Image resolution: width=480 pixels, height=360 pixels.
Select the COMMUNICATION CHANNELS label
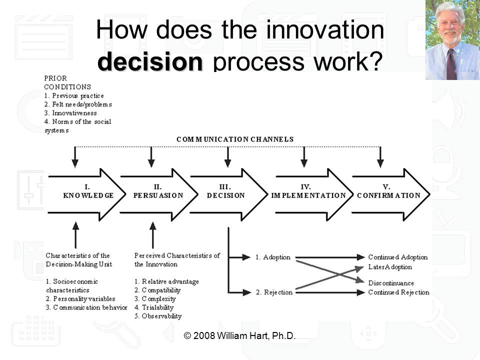[x=235, y=139]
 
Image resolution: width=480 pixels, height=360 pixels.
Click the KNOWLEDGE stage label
[x=88, y=195]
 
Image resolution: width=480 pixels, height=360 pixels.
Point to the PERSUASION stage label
[x=158, y=195]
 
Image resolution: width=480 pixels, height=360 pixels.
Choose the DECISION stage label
[x=226, y=195]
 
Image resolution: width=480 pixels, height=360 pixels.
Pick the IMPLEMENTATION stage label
[x=308, y=195]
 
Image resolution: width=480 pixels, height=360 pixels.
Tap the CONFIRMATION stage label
[x=388, y=195]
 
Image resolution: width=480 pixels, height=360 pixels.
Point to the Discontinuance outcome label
[x=391, y=283]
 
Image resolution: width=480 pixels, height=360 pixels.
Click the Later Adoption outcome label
[x=390, y=267]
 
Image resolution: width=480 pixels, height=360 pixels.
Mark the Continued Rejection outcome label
[x=398, y=292]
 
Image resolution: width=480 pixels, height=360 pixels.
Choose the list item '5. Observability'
[x=158, y=316]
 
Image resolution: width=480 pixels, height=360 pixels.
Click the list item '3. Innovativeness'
[x=70, y=113]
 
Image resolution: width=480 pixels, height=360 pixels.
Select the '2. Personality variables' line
[x=80, y=298]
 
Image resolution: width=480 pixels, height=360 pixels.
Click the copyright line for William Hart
[x=240, y=335]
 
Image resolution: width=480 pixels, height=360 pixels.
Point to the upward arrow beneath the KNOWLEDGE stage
[x=75, y=232]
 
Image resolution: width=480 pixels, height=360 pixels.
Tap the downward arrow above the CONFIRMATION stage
[x=380, y=157]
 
